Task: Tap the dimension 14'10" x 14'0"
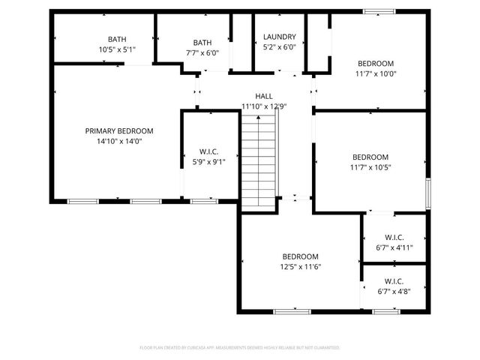[x=118, y=141]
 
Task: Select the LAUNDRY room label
[x=279, y=37]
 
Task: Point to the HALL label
[x=263, y=96]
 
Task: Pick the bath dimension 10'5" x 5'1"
[x=117, y=50]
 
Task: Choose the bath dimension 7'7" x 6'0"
[x=202, y=53]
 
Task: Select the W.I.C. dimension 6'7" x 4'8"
[x=394, y=292]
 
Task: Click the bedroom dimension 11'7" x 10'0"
[x=375, y=74]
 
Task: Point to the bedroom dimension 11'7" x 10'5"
[x=370, y=167]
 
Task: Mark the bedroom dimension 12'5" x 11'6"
[x=300, y=266]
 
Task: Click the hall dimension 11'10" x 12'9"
[x=263, y=106]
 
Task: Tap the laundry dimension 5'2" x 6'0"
[x=279, y=46]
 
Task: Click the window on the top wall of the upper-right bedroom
[x=378, y=11]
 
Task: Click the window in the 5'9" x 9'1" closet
[x=204, y=201]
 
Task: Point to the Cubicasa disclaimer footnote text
[x=240, y=348]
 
